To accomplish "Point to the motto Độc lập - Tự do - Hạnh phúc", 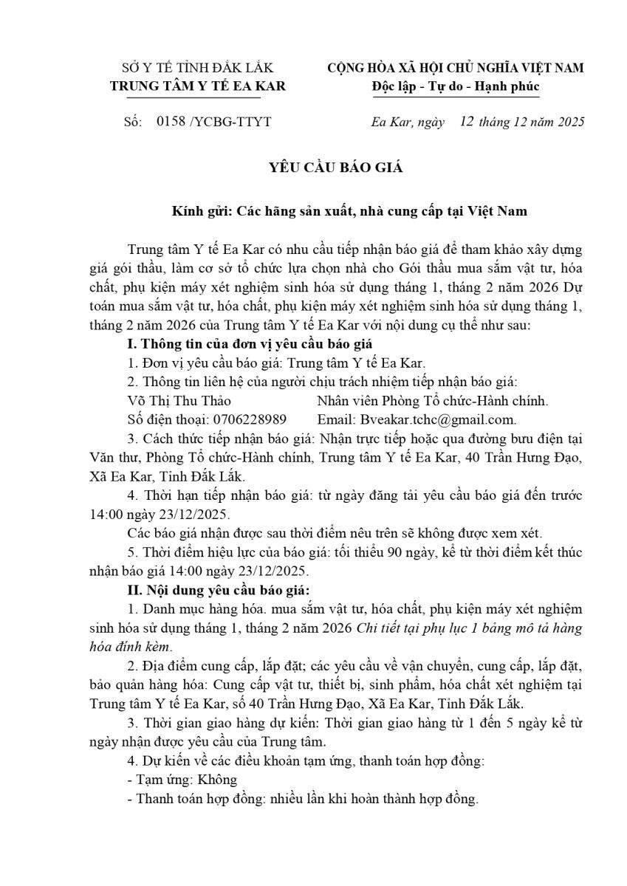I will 456,86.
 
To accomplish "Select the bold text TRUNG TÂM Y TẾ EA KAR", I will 198,86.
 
